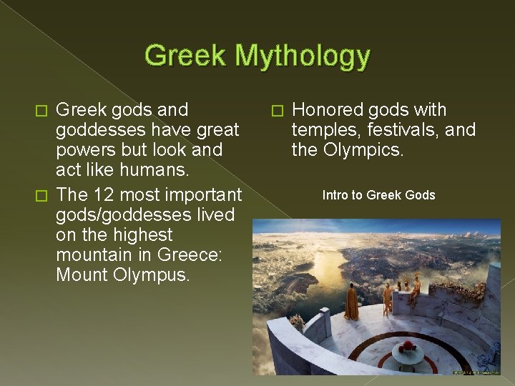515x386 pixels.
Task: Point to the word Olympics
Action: pyautogui.click(x=363, y=151)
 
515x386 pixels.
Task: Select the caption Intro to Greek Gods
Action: pyautogui.click(x=378, y=195)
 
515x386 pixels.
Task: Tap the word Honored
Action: pyautogui.click(x=328, y=110)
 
